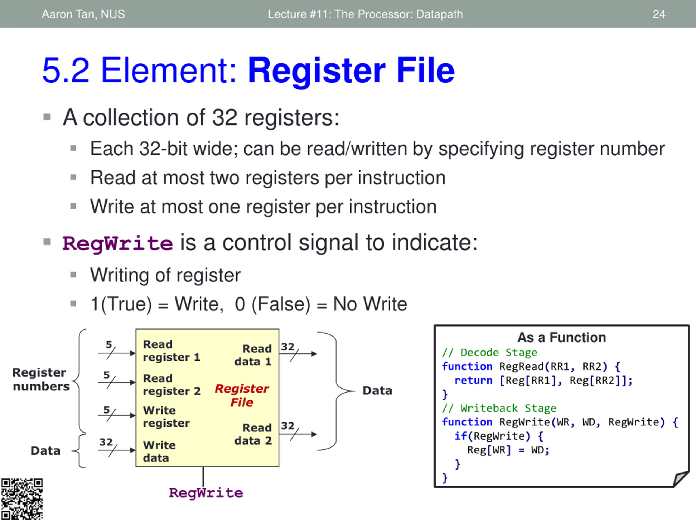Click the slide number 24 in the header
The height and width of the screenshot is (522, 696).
pos(658,14)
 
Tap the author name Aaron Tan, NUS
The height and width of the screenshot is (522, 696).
pos(83,14)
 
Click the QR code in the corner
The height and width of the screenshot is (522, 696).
pos(22,499)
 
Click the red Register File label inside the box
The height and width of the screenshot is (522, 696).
pos(242,395)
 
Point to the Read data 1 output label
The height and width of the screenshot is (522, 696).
pos(253,355)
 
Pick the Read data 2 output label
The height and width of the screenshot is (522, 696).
pos(253,434)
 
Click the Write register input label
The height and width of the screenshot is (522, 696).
pos(166,417)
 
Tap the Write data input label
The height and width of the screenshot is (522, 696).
pos(159,452)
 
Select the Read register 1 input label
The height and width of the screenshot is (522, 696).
pos(172,350)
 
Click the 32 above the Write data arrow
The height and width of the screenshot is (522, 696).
pos(106,442)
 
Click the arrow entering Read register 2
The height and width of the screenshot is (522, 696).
pos(116,382)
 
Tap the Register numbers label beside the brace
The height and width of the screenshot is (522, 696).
pos(41,379)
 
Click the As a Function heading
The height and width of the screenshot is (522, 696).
pos(562,337)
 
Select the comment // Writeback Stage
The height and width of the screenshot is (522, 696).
pos(499,408)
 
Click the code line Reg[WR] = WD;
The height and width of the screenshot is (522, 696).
pos(508,450)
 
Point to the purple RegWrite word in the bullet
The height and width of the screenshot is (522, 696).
pos(118,243)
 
